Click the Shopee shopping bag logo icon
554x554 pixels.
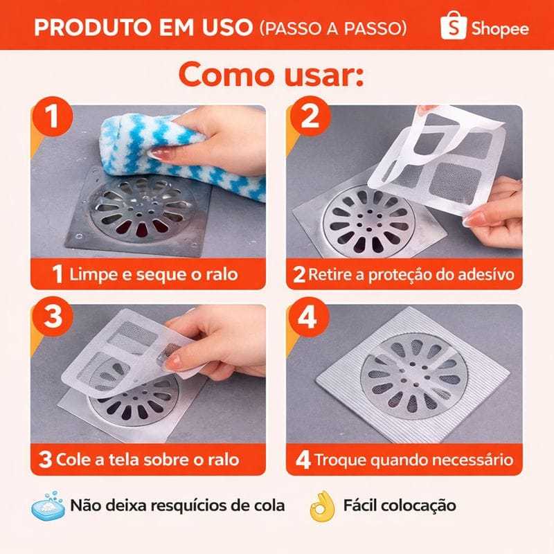pos(454,25)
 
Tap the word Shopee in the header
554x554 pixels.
pos(500,28)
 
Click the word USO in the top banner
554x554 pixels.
pos(227,27)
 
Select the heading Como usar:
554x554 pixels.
pos(271,74)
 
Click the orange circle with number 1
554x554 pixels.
pos(53,116)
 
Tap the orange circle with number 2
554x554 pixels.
pos(310,116)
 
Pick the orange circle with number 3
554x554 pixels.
pos(53,316)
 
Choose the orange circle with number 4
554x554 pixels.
pos(308,317)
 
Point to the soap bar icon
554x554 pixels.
pos(48,506)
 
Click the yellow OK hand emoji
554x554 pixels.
pos(322,506)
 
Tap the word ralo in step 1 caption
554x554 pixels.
pos(222,274)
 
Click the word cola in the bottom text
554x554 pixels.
pos(269,506)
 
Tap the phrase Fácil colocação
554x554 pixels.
pos(400,506)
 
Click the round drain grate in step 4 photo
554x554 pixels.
pos(414,376)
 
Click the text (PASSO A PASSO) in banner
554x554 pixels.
pos(334,28)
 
